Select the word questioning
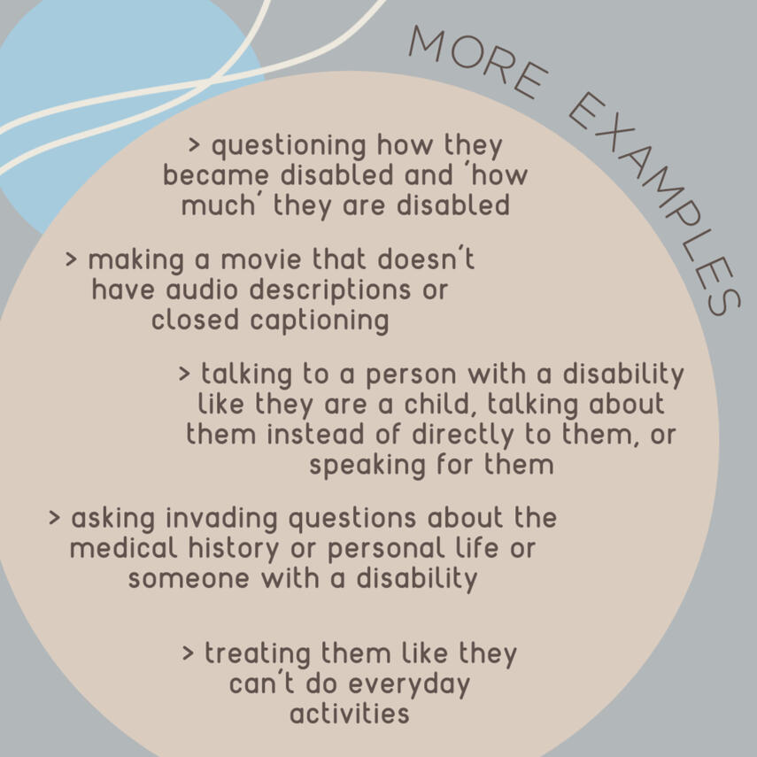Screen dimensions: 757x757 (x=289, y=146)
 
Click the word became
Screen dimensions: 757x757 (x=215, y=174)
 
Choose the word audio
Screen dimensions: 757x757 (x=202, y=290)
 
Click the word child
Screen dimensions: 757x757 (x=436, y=404)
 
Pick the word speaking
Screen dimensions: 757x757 (x=367, y=466)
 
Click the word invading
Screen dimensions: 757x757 (x=221, y=519)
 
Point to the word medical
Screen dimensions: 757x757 (x=124, y=548)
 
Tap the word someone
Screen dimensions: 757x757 (x=189, y=579)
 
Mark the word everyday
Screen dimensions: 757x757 (x=409, y=685)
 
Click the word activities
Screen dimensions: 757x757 (x=350, y=714)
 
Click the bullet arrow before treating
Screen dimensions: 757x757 (x=188, y=653)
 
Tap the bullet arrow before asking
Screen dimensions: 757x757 (x=54, y=518)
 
